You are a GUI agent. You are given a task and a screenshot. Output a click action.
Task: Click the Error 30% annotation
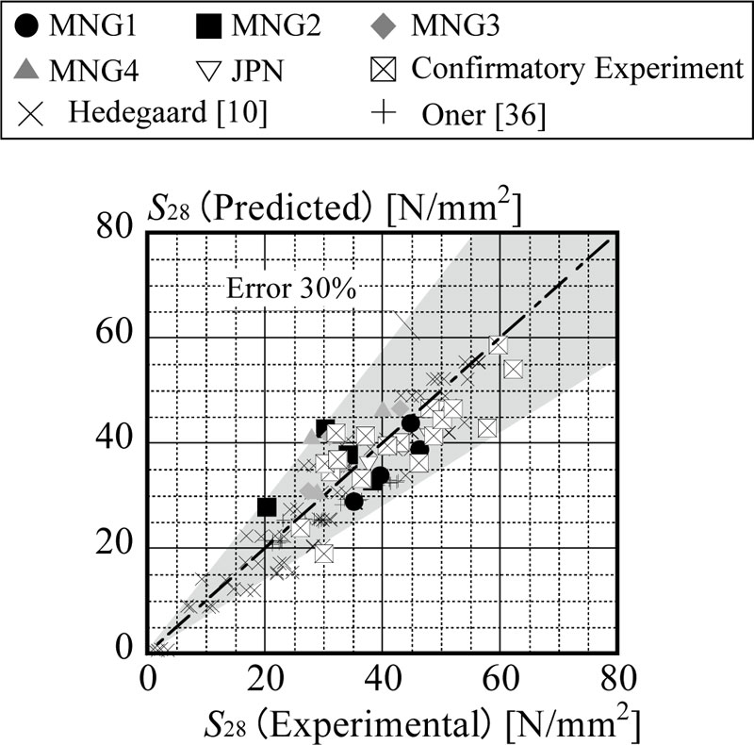291,289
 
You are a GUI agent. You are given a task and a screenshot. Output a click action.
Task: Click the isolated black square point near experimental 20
267,506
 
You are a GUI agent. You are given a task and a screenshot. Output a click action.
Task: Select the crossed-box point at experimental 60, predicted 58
499,345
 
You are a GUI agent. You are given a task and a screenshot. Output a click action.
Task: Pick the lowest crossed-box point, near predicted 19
324,554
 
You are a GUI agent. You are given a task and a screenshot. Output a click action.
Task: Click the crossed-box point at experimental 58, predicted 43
487,428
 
